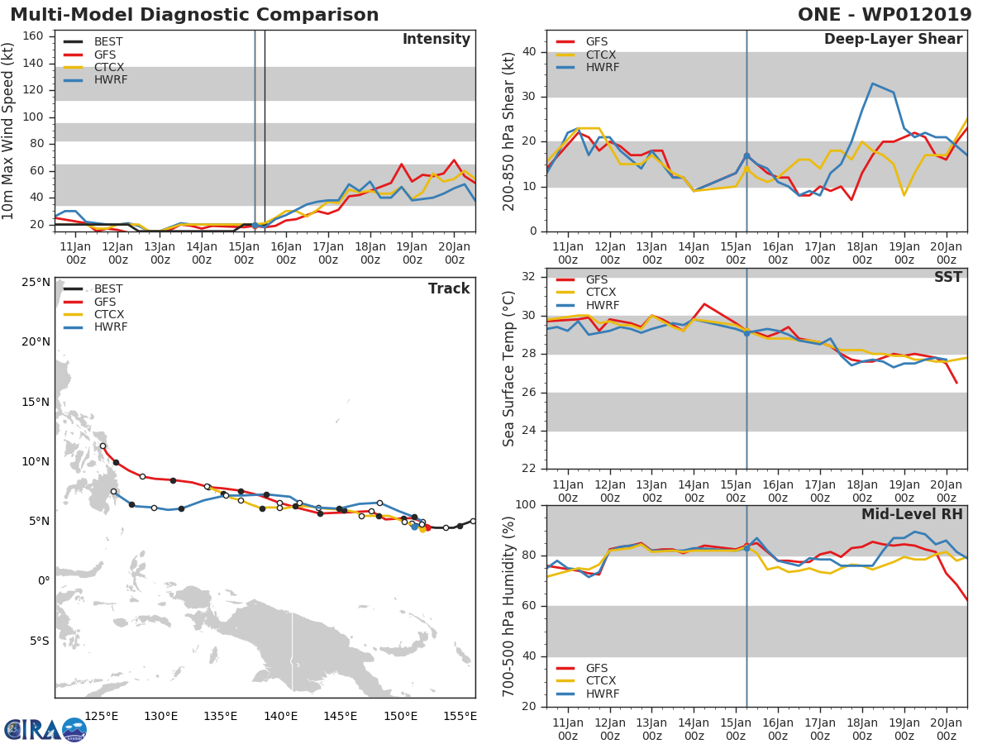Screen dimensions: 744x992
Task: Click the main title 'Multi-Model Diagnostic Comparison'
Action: pyautogui.click(x=194, y=15)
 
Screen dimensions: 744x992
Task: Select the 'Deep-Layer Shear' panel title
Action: pyautogui.click(x=893, y=40)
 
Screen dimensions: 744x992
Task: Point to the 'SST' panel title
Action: pyautogui.click(x=947, y=277)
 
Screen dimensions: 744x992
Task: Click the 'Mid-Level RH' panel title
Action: pyautogui.click(x=912, y=514)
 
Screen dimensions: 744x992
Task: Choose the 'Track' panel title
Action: pyautogui.click(x=449, y=289)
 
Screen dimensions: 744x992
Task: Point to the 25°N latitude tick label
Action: pyautogui.click(x=36, y=282)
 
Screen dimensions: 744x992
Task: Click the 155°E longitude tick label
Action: pyautogui.click(x=460, y=716)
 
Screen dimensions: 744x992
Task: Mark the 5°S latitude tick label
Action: pyautogui.click(x=38, y=641)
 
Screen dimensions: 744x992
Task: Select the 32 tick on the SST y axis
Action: pyautogui.click(x=530, y=277)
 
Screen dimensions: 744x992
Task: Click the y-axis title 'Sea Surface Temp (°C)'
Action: pyautogui.click(x=509, y=368)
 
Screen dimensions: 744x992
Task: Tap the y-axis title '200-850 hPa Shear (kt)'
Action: pyautogui.click(x=509, y=131)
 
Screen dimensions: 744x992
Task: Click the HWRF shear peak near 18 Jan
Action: pyautogui.click(x=872, y=83)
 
